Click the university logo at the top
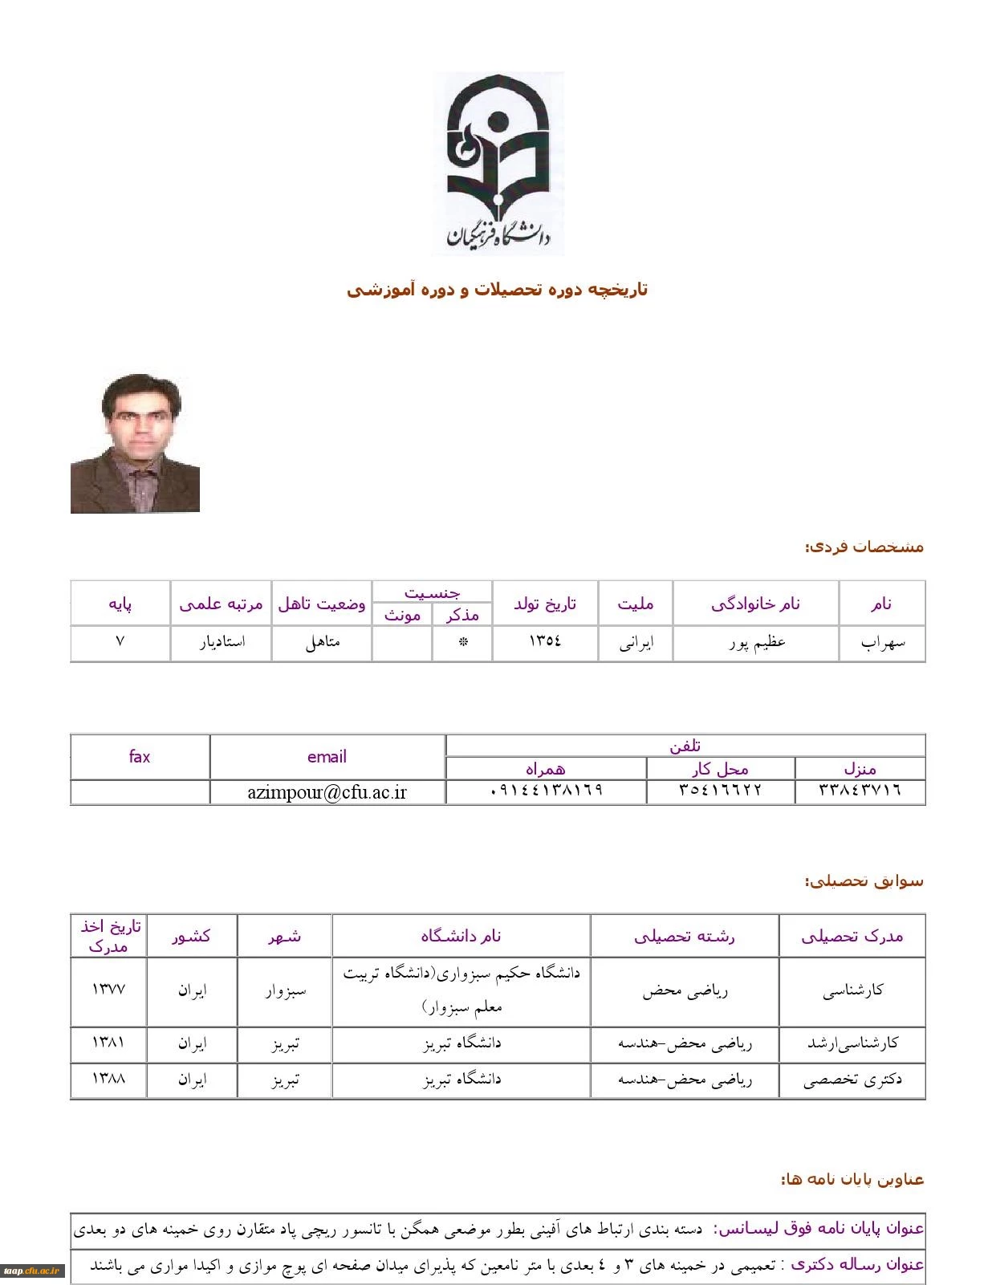[x=498, y=164]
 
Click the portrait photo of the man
[x=135, y=443]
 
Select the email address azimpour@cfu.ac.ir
[x=327, y=792]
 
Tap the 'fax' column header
[x=140, y=756]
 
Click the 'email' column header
[x=327, y=756]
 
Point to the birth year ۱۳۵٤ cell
[x=545, y=641]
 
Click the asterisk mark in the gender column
[x=462, y=642]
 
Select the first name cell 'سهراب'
[x=882, y=642]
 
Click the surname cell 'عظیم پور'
[x=756, y=642]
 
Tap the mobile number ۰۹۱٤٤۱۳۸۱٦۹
[x=546, y=791]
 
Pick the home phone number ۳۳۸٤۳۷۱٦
[x=860, y=791]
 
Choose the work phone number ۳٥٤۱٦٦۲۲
[x=720, y=791]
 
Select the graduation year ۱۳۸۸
[x=108, y=1079]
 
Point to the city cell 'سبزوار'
[x=286, y=990]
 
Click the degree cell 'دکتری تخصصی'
[x=852, y=1080]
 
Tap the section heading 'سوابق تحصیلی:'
[x=864, y=881]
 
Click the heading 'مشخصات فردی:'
[x=864, y=547]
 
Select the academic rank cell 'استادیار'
[x=221, y=642]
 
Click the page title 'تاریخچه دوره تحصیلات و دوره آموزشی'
[x=497, y=290]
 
